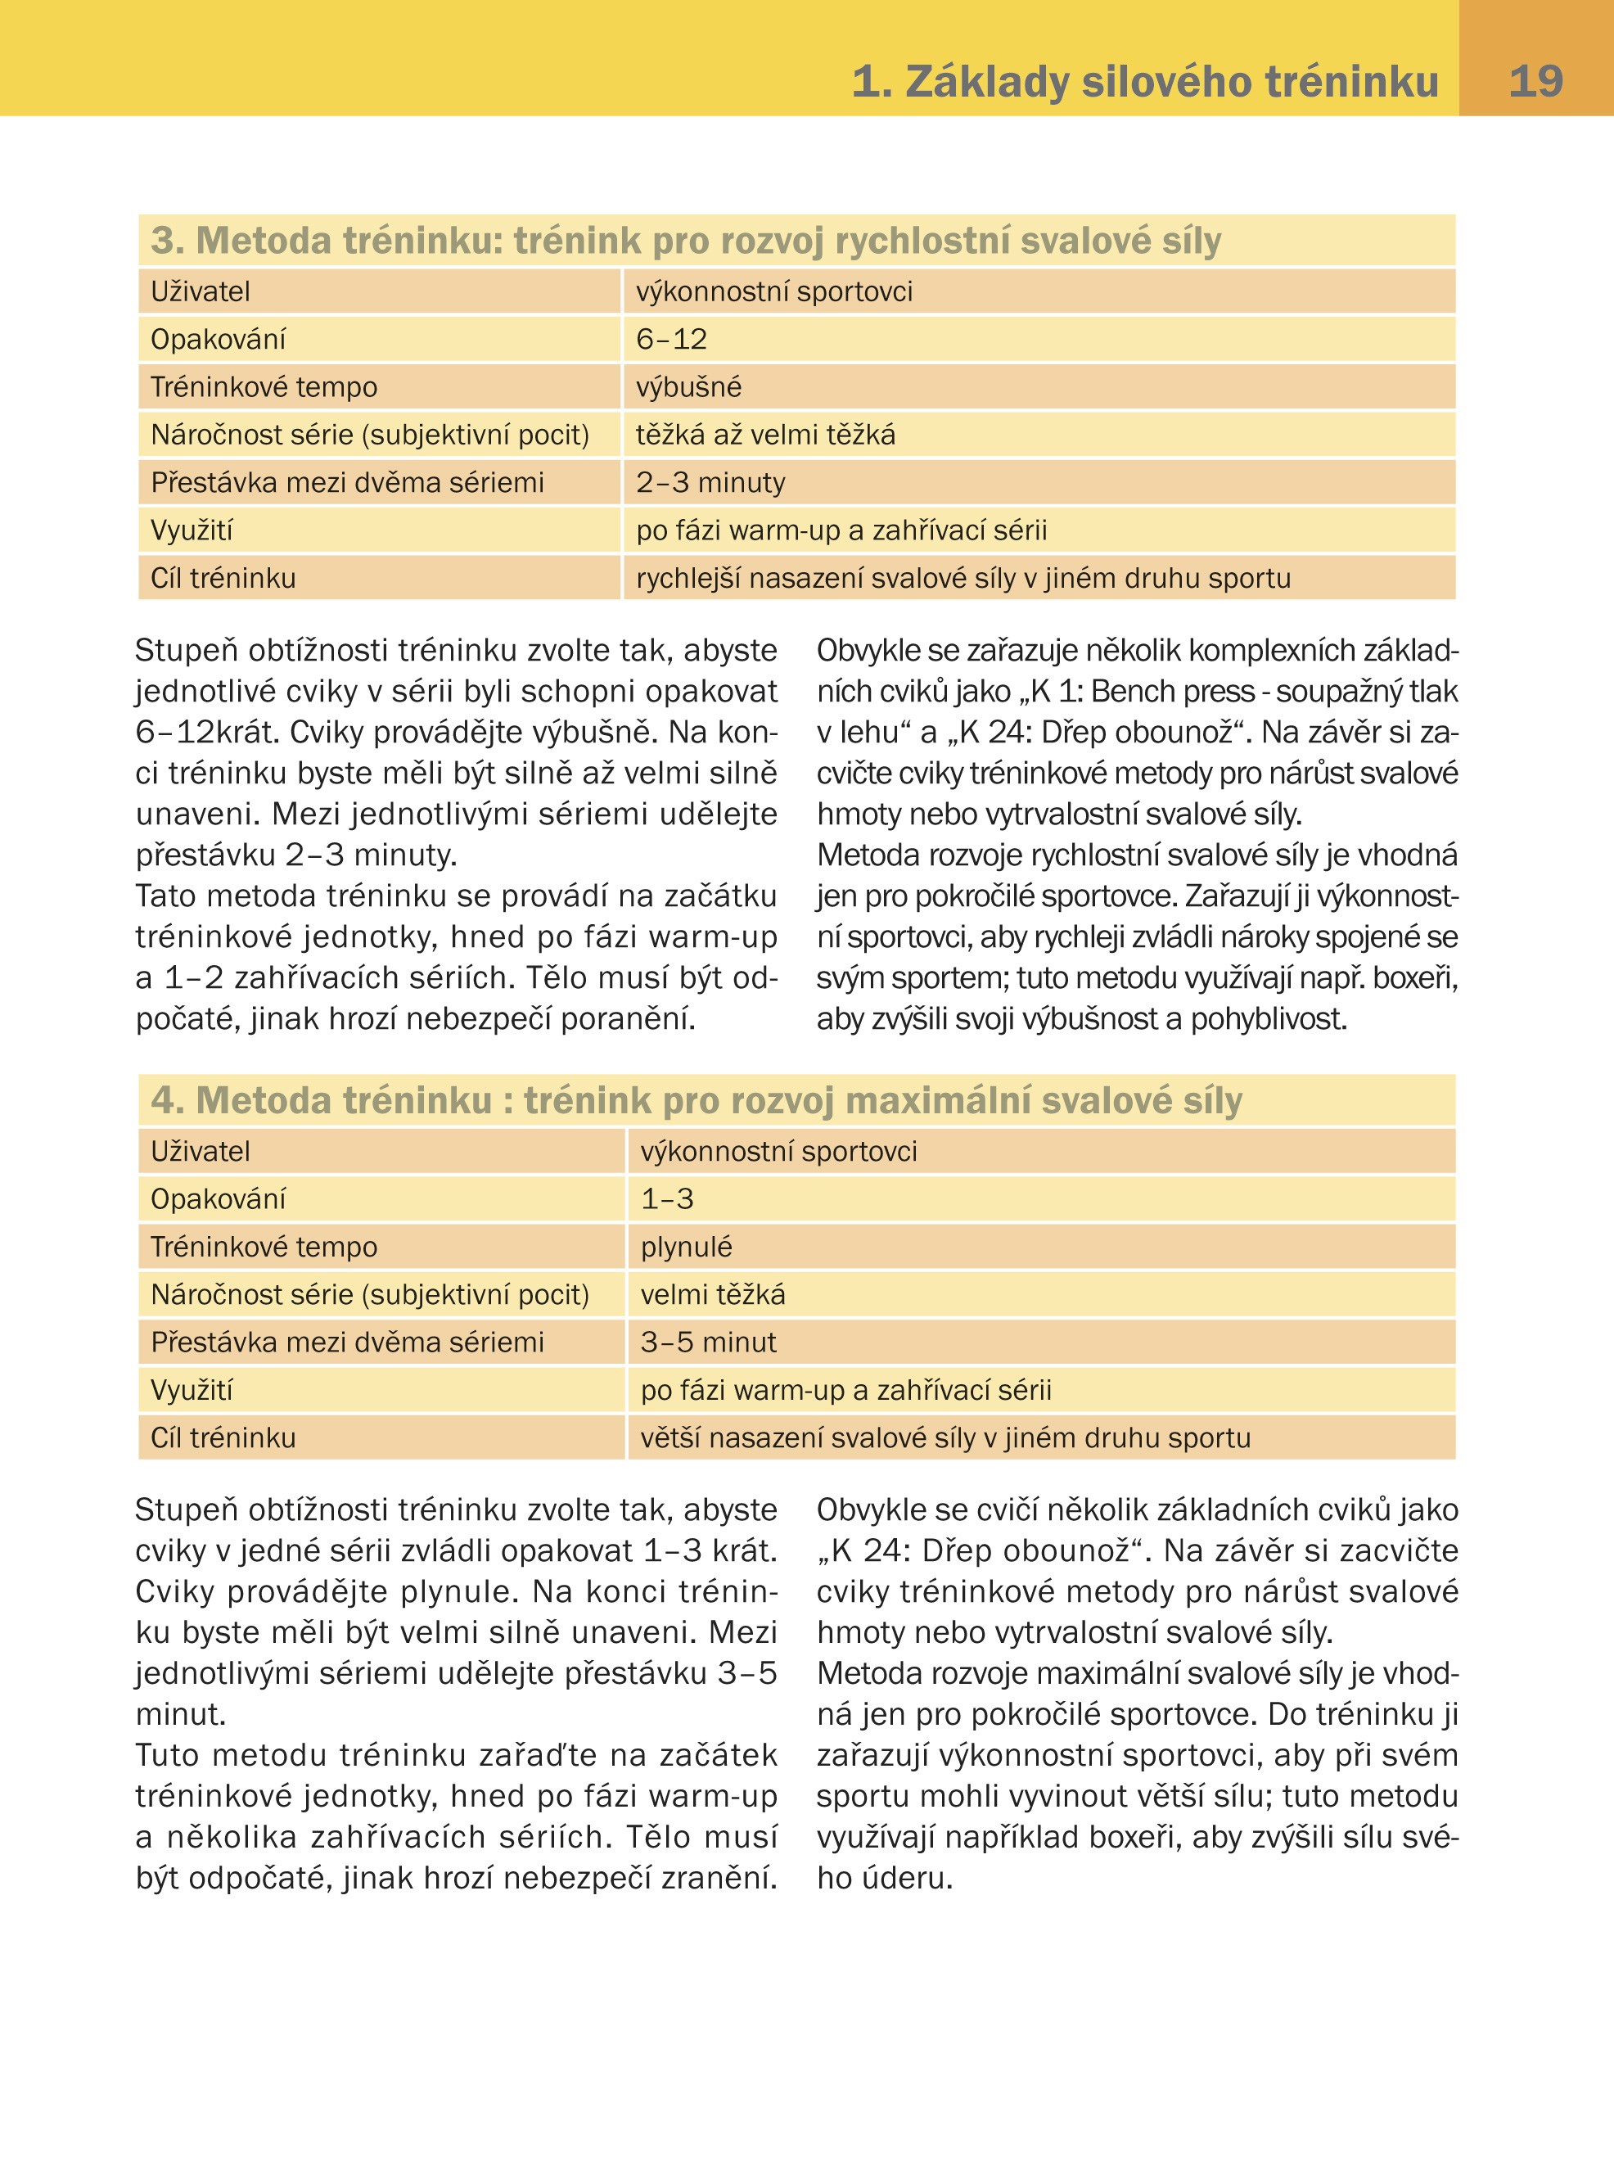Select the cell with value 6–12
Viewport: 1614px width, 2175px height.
click(671, 339)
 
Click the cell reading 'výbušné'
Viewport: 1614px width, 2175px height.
click(689, 387)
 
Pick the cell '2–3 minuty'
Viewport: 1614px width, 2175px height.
click(710, 483)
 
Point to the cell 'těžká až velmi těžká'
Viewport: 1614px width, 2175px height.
click(765, 435)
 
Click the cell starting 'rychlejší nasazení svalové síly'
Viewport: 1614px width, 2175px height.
click(963, 579)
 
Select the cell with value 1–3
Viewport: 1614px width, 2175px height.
click(667, 1199)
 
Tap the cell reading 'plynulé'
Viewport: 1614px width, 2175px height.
click(686, 1247)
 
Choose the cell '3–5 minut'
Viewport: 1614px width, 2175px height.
click(708, 1342)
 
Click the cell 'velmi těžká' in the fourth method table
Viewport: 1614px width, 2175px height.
click(712, 1295)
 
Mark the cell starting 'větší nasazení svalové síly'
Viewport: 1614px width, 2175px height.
click(945, 1438)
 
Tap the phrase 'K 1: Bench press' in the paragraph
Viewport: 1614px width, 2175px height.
click(1141, 692)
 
